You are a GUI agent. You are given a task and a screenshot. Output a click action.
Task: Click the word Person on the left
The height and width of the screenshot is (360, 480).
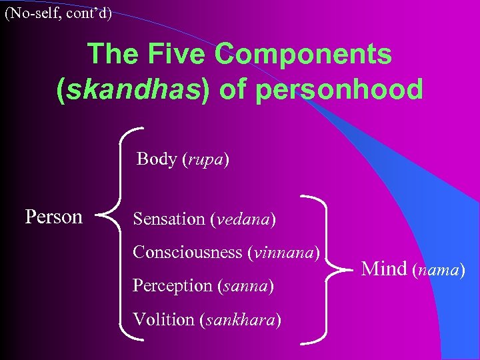[53, 217]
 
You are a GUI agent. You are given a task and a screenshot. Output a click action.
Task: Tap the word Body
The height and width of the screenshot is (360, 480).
[156, 159]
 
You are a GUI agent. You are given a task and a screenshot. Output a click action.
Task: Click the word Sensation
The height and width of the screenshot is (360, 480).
[168, 219]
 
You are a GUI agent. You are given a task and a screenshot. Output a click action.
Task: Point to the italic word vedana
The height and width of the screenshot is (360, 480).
[242, 219]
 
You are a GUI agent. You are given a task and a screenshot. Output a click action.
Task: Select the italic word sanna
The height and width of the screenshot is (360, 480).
[245, 286]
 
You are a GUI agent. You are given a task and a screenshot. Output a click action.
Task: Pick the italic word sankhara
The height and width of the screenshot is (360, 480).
[239, 319]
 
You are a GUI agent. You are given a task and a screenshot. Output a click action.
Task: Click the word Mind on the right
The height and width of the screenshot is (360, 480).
[383, 269]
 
